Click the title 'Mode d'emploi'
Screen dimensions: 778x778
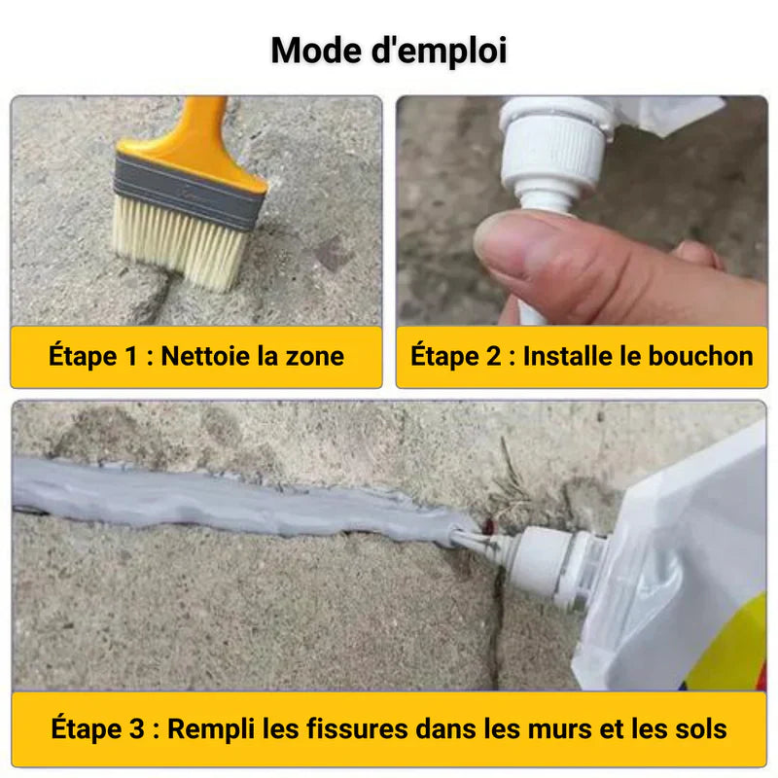point(389,50)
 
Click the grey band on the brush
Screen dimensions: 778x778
point(189,191)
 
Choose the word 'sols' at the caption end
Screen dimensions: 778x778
point(700,728)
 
